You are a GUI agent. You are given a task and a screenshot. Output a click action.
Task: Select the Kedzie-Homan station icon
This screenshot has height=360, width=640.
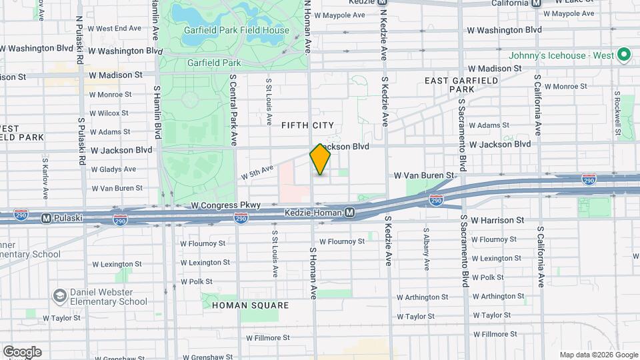350,213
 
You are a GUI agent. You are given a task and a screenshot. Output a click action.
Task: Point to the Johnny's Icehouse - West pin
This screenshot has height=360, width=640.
624,55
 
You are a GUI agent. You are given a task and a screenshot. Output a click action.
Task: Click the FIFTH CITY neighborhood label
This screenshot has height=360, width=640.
307,125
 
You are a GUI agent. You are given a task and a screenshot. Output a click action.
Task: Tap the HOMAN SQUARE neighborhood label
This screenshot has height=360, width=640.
250,305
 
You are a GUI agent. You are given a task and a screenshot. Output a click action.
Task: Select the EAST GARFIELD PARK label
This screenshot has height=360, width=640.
462,85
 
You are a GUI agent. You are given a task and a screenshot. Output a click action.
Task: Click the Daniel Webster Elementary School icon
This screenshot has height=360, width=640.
59,295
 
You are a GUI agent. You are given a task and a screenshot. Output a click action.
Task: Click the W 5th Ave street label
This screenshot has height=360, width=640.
258,173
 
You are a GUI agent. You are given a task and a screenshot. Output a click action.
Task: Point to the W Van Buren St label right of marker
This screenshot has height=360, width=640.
424,175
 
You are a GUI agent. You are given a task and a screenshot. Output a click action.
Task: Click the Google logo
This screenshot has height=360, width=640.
22,352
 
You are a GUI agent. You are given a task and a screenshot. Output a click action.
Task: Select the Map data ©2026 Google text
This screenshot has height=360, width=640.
598,355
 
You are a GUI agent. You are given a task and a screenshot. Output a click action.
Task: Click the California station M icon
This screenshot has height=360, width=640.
537,3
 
